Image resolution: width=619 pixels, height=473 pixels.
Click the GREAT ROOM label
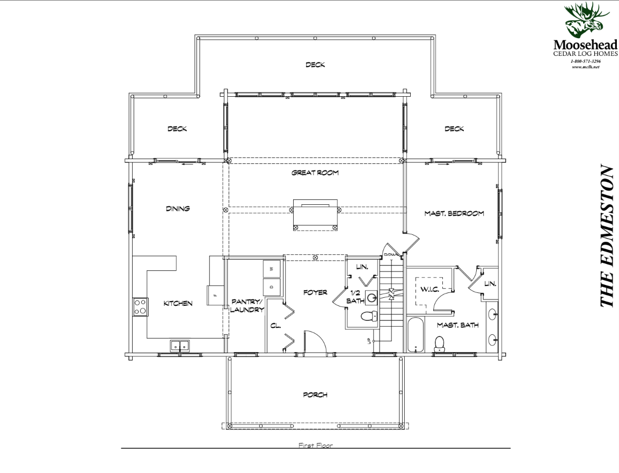315,173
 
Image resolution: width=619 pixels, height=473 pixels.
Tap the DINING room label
178,209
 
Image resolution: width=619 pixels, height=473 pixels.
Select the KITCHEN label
178,304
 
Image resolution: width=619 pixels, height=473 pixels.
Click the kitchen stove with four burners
140,307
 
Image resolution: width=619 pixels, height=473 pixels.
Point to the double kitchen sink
180,346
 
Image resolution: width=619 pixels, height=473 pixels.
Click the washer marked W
272,269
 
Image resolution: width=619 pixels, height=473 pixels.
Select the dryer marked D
272,287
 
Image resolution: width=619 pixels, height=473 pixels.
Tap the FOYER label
315,292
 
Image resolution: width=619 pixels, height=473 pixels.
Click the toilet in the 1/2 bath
369,317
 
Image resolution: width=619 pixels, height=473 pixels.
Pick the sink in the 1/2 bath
371,297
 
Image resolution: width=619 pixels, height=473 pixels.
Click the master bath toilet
439,344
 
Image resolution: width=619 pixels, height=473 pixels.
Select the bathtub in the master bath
415,335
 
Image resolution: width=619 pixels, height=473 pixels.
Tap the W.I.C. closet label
429,290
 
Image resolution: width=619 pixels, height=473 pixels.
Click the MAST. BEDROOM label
454,213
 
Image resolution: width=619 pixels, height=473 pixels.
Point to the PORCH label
315,395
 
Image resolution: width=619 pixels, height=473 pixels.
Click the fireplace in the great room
315,214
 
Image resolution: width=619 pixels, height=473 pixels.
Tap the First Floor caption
316,446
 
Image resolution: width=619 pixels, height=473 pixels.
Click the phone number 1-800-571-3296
585,61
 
